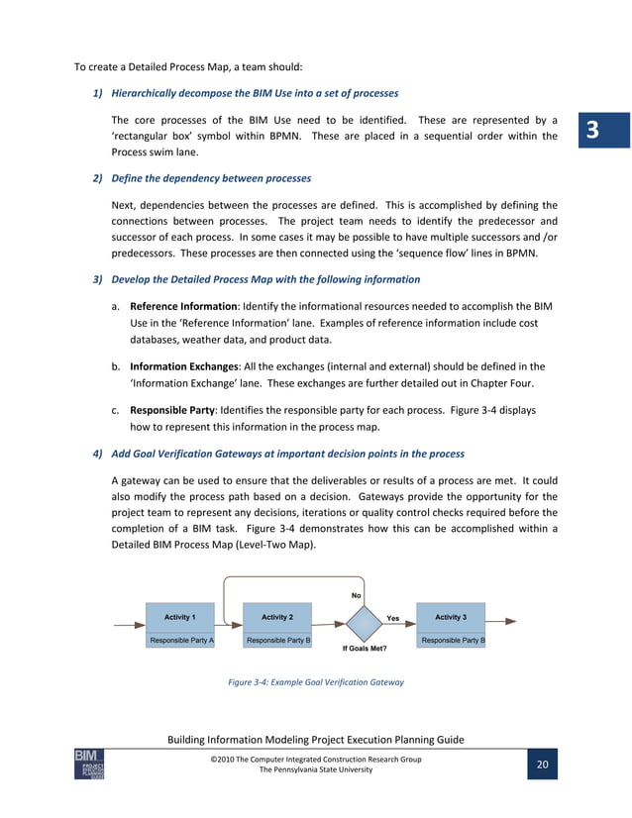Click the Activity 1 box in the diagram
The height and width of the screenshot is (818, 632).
[179, 617]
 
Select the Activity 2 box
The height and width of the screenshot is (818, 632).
[277, 617]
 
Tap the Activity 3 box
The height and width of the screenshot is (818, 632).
[451, 617]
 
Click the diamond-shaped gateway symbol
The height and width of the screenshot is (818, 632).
[364, 624]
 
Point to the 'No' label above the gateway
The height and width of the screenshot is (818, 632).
[357, 595]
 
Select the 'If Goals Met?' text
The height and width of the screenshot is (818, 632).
[365, 649]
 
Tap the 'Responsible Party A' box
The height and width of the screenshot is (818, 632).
[180, 641]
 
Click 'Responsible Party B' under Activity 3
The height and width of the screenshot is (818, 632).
[451, 641]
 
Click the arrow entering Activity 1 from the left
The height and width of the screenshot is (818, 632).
[129, 625]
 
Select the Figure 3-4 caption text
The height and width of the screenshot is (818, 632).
[316, 682]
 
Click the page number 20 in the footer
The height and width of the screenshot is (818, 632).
[542, 765]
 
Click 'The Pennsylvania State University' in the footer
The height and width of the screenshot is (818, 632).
[316, 770]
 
